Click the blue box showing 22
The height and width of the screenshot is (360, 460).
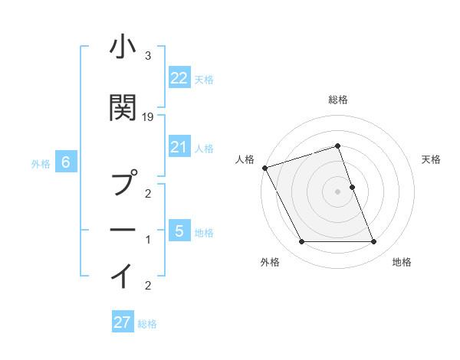click(179, 78)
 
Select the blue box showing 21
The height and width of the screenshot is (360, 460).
click(179, 147)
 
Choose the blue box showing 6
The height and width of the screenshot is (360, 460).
click(66, 162)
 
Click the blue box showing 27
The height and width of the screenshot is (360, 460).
click(122, 322)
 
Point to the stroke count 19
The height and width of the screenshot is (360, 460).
click(148, 116)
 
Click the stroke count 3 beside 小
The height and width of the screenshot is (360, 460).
click(148, 55)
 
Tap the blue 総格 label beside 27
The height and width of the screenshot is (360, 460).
click(147, 324)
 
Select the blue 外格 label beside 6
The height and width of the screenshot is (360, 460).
click(41, 163)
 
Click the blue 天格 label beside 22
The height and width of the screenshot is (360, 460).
click(204, 79)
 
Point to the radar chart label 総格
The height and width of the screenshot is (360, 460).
click(338, 100)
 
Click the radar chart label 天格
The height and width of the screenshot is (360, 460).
click(432, 159)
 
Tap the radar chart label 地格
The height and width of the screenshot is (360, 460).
click(402, 262)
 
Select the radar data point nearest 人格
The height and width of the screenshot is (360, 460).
click(264, 168)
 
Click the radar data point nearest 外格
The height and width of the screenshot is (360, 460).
click(301, 242)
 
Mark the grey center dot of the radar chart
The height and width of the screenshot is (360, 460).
click(338, 191)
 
